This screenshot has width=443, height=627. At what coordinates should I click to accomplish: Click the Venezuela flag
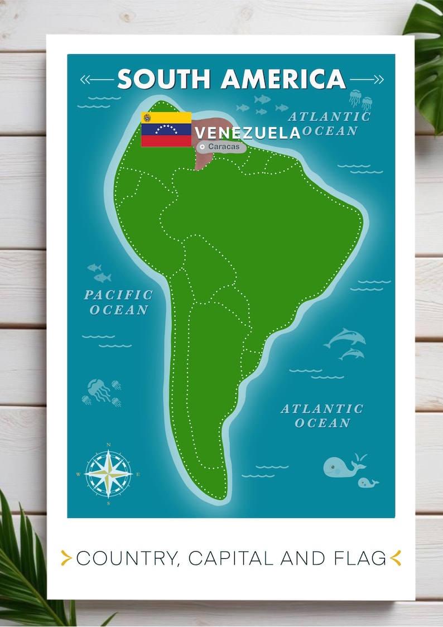coord(166,129)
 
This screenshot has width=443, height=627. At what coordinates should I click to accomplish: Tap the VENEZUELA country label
coord(247,133)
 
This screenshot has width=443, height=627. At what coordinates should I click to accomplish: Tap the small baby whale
coord(368,483)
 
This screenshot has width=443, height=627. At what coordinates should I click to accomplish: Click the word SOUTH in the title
coord(164,79)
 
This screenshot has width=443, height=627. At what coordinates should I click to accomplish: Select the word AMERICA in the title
coord(283,79)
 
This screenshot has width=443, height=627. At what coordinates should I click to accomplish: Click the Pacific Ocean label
coord(118,302)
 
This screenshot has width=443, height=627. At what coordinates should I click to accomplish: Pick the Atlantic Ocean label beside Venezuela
coord(329,124)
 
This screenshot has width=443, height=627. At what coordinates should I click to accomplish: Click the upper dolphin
coord(346,337)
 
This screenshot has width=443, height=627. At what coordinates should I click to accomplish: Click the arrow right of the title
coord(367,80)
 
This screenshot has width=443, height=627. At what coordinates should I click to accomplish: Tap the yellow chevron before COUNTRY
coord(66,558)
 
